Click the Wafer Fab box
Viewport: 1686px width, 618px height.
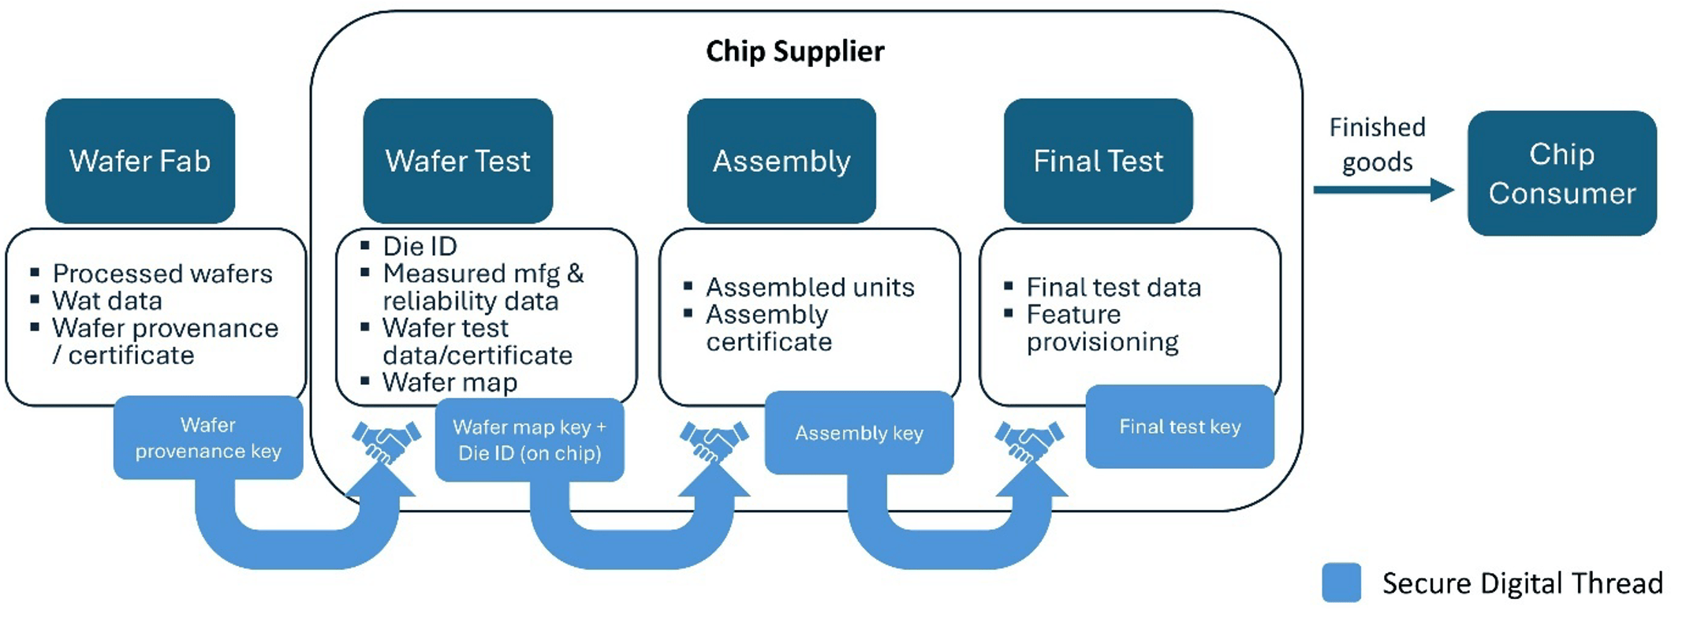point(140,161)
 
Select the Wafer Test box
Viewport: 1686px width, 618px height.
point(458,161)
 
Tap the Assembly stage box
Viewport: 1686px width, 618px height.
point(781,161)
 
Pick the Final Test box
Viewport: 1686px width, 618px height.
point(1099,161)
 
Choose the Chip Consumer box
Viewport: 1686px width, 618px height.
point(1562,173)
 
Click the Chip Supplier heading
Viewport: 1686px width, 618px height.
point(795,51)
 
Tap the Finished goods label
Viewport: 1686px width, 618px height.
point(1378,144)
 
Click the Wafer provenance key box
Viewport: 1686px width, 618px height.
point(208,437)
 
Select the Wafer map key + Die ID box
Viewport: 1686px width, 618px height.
point(530,440)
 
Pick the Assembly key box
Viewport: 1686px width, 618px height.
point(860,433)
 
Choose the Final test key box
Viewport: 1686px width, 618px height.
point(1180,426)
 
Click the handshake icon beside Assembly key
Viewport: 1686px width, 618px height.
point(714,442)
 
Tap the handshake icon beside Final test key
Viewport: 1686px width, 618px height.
point(1029,442)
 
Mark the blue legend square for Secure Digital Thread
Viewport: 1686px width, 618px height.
point(1341,583)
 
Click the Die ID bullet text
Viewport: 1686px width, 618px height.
point(420,247)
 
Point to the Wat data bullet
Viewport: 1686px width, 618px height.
point(107,301)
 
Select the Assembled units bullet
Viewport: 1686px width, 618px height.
point(810,288)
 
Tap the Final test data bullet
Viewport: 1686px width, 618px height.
point(1113,288)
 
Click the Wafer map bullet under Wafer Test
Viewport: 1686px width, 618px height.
point(449,382)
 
